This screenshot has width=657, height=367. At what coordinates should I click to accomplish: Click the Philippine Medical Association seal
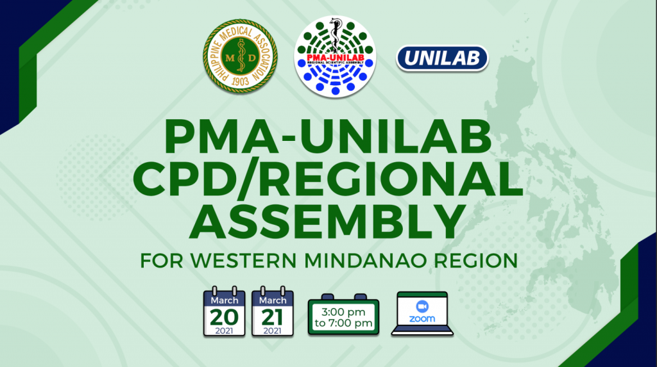pos(241,56)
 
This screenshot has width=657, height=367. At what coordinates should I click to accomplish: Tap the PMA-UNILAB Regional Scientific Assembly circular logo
pos(335,57)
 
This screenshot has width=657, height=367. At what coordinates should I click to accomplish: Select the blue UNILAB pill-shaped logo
pos(443,58)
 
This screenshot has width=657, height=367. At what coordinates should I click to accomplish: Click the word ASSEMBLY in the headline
pos(328,221)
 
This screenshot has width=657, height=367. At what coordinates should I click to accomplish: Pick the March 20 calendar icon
pos(224,312)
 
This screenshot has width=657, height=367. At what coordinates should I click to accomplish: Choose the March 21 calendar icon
pos(272,312)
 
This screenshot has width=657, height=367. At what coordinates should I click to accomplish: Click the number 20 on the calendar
pos(224,318)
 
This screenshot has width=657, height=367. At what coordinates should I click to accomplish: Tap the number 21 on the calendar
pos(272,318)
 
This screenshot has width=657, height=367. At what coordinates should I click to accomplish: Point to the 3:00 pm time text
pos(343,312)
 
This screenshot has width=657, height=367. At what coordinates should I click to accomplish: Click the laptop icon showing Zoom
pos(422,314)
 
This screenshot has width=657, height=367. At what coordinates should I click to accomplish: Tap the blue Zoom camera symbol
pos(422,307)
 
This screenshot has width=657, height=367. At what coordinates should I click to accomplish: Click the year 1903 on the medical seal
pos(240,81)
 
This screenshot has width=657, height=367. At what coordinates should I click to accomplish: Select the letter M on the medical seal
pos(230,58)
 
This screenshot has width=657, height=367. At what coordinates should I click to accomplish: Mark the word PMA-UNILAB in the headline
pos(328,137)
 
